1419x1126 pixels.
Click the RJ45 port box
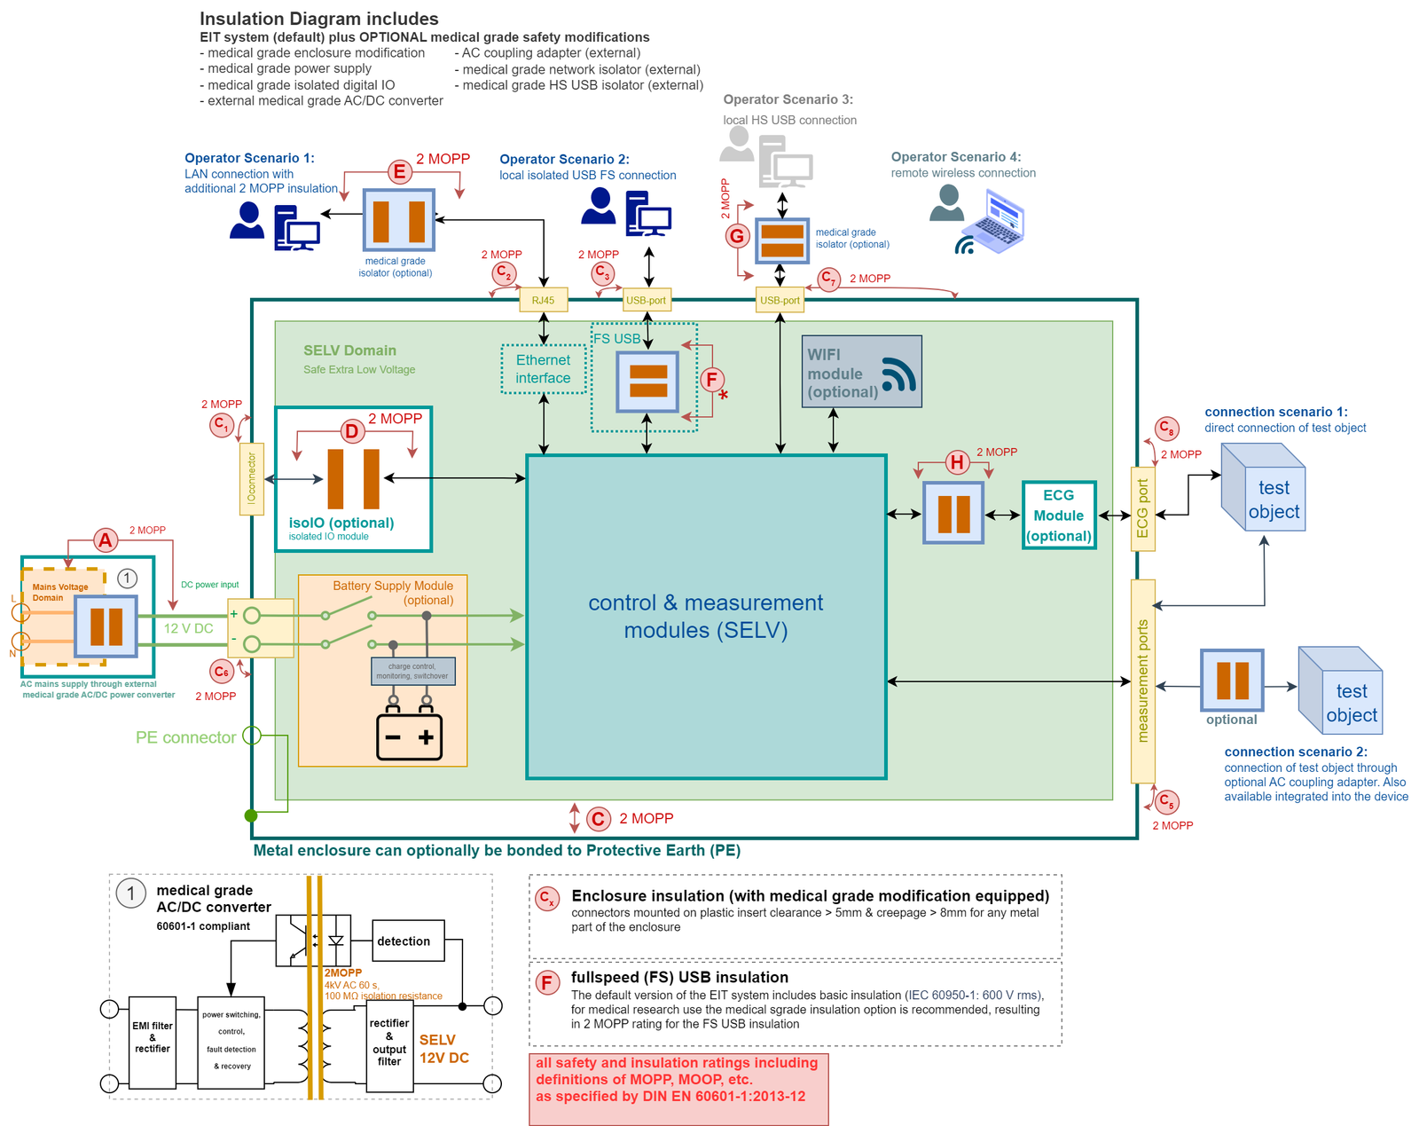tap(543, 301)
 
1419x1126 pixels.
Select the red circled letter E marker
tap(400, 172)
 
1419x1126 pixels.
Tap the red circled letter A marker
tap(106, 540)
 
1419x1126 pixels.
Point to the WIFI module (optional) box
tap(861, 372)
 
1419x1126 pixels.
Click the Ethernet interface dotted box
tap(543, 369)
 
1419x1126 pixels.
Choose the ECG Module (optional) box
tap(1059, 516)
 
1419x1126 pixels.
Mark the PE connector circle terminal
tap(252, 736)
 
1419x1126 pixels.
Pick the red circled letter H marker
tap(956, 462)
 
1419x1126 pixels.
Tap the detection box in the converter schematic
tap(408, 941)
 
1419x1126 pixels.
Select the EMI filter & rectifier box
tap(153, 1043)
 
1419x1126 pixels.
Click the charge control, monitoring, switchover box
tap(412, 671)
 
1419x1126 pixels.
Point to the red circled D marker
tap(352, 432)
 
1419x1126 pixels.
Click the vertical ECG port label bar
tap(1142, 509)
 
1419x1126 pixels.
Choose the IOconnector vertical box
tap(252, 479)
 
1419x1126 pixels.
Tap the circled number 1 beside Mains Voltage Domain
tap(128, 579)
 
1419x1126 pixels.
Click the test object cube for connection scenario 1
tap(1264, 489)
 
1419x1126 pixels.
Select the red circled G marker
tap(737, 236)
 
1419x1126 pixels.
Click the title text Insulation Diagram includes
tap(318, 19)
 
